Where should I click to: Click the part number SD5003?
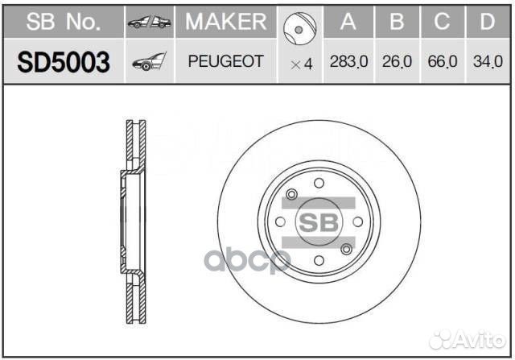click(63, 62)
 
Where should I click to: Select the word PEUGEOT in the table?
click(225, 61)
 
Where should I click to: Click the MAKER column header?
click(225, 22)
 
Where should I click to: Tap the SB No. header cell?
click(63, 22)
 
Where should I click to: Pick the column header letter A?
click(348, 22)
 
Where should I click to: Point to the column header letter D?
click(486, 22)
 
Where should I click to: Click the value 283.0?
click(348, 62)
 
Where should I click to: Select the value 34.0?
click(486, 62)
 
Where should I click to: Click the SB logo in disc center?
click(319, 222)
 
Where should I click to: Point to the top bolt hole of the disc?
click(319, 182)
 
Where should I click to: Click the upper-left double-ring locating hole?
click(292, 194)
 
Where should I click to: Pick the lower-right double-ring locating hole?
click(346, 249)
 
